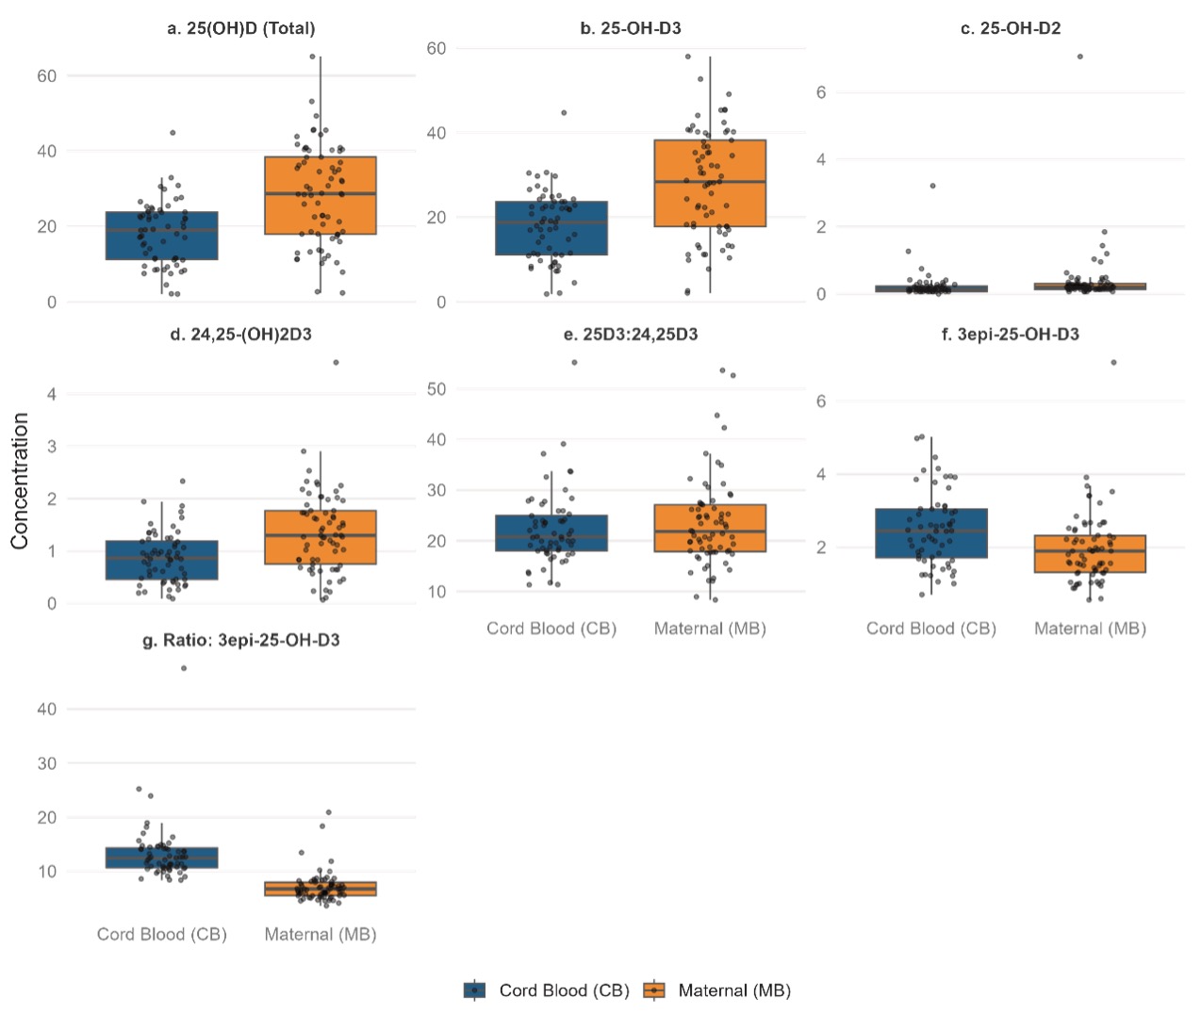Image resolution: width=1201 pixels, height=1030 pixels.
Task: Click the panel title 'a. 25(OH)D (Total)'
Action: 241,28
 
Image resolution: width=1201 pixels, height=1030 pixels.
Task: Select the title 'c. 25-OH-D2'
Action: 1011,28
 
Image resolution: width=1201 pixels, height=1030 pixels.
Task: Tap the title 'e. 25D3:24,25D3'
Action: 631,335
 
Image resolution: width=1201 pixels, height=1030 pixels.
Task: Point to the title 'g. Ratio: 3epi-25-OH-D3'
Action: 241,640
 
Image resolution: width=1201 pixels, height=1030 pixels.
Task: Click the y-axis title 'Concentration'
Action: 20,481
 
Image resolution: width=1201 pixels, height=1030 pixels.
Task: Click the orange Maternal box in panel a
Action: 321,195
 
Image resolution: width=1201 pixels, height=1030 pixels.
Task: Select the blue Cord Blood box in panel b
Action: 551,228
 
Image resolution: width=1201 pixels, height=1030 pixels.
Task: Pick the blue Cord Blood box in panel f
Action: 931,533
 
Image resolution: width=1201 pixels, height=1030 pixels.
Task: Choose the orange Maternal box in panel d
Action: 321,537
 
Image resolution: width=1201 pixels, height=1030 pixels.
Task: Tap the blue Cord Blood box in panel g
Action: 161,858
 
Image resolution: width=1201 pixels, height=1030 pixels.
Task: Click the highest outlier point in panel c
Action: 1080,57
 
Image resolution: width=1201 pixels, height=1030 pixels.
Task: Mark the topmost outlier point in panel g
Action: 184,669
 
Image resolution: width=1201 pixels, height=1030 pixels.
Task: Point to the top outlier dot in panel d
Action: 336,363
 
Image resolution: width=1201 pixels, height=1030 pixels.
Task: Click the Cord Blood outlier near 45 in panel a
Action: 173,133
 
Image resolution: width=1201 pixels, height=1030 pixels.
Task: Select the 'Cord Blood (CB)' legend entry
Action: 547,990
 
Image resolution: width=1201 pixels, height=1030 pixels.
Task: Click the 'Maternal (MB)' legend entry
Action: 717,990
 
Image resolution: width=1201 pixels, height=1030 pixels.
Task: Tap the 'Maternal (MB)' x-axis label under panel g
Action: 321,934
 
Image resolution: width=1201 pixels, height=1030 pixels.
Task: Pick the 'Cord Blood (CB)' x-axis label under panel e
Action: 551,629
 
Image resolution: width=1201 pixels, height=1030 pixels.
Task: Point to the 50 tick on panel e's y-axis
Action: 436,389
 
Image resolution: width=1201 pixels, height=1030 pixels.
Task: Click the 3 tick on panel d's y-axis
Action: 52,446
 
